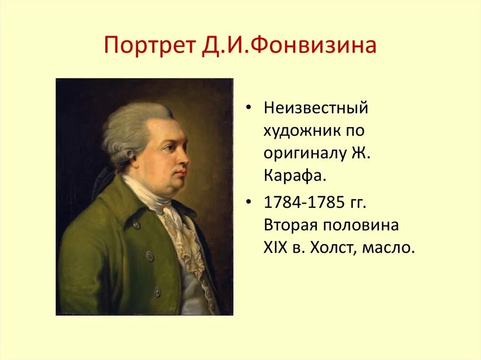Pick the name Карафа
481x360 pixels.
[293, 176]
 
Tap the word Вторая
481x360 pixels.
[290, 225]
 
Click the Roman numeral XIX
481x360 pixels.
[275, 247]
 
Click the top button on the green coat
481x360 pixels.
[136, 224]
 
